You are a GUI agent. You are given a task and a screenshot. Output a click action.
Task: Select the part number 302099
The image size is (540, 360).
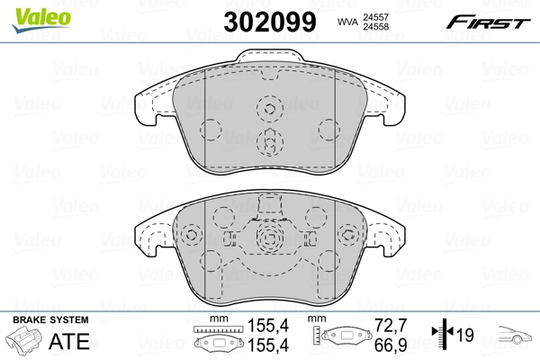[x=269, y=22]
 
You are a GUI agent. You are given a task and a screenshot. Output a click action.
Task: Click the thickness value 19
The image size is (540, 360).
[x=466, y=336]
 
